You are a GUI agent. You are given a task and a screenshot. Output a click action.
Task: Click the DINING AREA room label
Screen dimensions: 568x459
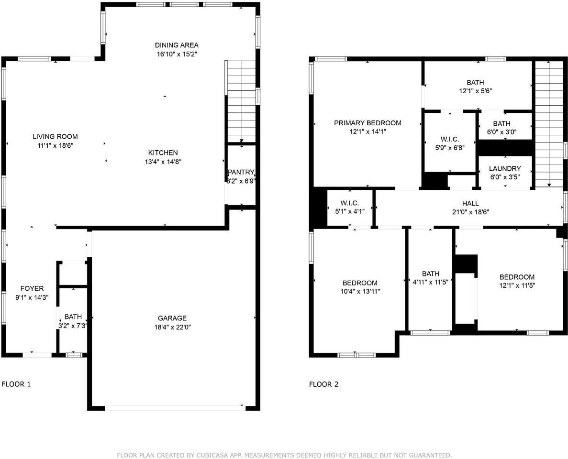click(177, 45)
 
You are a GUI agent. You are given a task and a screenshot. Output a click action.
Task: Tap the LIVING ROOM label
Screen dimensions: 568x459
click(55, 136)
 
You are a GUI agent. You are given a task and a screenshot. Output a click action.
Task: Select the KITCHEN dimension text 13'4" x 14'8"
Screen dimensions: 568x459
click(163, 162)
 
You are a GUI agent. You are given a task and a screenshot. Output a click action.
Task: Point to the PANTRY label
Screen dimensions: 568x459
click(241, 172)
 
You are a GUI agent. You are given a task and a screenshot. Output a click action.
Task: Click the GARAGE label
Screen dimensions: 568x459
click(172, 318)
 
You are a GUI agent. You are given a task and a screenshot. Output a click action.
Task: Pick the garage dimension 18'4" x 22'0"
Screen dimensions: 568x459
click(172, 327)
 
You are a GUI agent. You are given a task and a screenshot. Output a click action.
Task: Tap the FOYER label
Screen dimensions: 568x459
click(32, 288)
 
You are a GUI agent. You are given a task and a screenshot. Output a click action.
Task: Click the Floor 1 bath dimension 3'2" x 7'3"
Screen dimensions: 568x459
click(73, 326)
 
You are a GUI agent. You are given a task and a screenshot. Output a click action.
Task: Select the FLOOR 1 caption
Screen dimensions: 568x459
click(16, 384)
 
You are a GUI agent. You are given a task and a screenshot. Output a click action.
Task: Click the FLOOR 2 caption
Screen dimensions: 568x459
click(324, 384)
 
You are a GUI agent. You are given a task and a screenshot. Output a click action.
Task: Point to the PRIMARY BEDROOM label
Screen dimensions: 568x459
click(368, 123)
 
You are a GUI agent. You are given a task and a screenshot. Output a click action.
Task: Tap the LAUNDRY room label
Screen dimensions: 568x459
click(505, 169)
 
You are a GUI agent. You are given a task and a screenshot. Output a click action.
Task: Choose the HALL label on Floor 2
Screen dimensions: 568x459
click(470, 204)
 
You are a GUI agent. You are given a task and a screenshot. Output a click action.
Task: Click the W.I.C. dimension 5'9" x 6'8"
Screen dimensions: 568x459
click(450, 148)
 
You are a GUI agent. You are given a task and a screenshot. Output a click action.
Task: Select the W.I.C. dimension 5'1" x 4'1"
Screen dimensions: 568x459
click(350, 212)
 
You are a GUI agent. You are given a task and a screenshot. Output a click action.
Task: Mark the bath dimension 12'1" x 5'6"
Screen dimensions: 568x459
click(475, 91)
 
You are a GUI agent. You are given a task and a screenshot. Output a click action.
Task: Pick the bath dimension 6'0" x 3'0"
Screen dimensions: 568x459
click(501, 132)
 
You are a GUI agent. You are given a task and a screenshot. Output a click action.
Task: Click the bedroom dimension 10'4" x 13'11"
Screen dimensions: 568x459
click(360, 291)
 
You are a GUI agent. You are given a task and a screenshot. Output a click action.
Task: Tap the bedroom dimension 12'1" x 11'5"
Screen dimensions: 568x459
click(517, 285)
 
